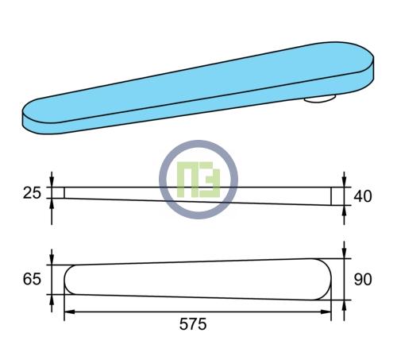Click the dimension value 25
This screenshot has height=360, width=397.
(32, 193)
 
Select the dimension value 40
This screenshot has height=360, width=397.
(363, 196)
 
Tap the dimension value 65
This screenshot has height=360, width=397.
(32, 279)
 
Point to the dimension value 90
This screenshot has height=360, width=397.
(363, 280)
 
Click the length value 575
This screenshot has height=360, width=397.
(193, 324)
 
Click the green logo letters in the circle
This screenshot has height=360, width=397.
(198, 180)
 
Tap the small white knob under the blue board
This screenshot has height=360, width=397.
(319, 99)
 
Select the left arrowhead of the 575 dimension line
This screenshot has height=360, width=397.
(69, 312)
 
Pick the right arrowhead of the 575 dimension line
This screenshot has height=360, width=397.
(326, 312)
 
